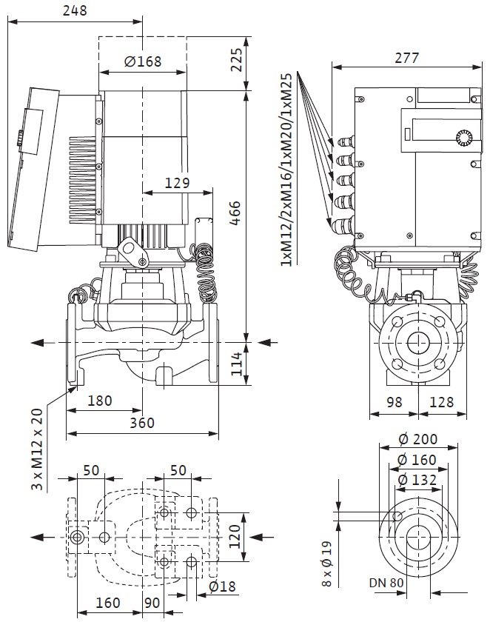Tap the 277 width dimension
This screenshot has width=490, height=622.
(407, 58)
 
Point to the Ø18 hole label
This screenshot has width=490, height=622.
(224, 586)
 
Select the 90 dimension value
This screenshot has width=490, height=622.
(152, 603)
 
